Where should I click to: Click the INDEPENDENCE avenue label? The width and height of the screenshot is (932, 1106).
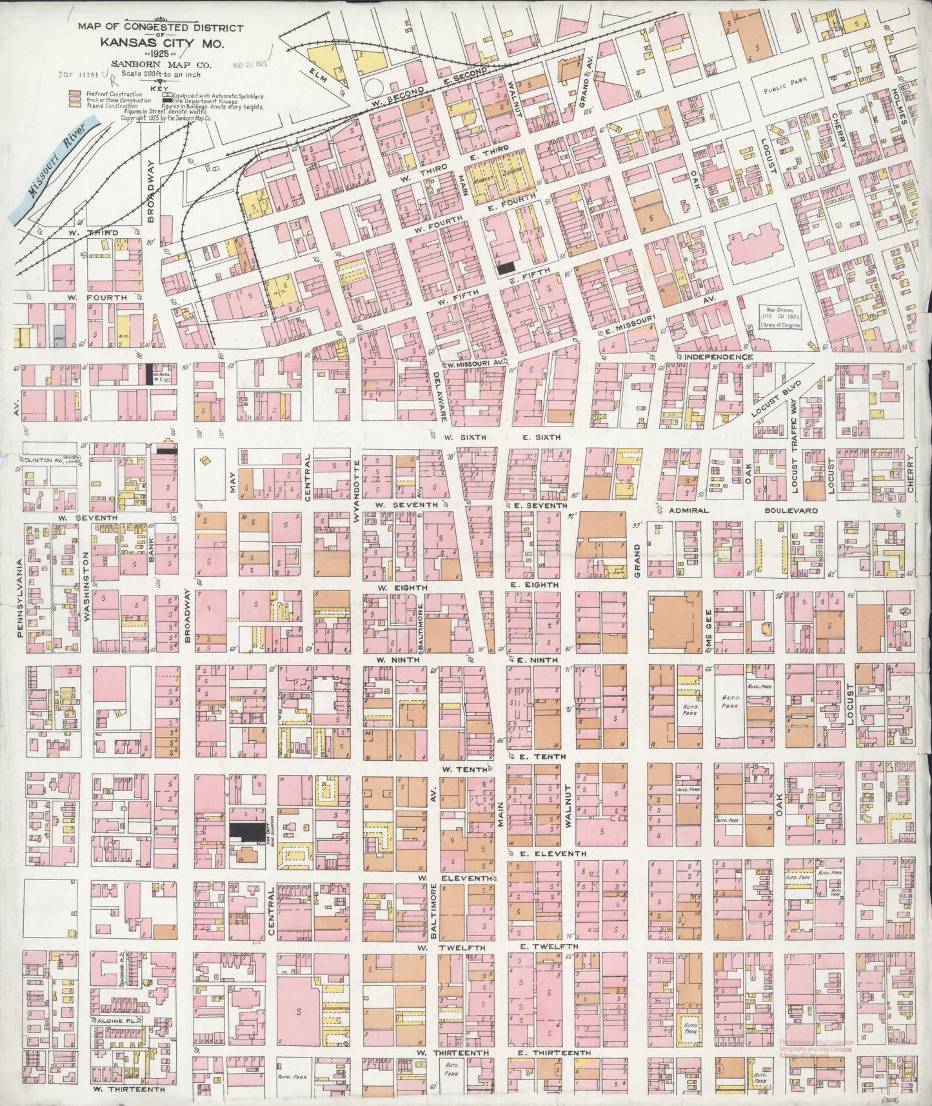[720, 357]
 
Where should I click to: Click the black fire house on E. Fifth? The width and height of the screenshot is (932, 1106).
[506, 266]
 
